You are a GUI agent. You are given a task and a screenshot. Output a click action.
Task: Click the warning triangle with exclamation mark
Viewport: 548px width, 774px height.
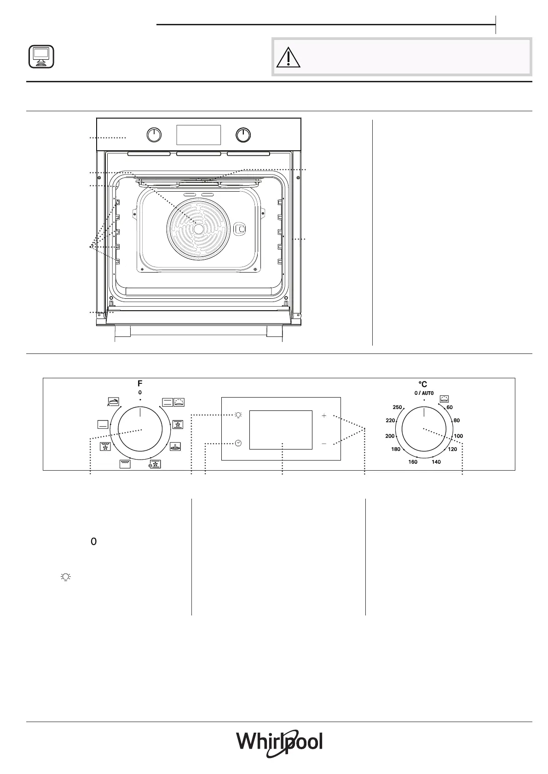click(x=288, y=57)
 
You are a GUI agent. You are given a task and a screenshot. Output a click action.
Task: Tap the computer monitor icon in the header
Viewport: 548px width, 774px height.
click(x=41, y=57)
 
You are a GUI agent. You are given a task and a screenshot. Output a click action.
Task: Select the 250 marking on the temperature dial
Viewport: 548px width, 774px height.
click(x=397, y=407)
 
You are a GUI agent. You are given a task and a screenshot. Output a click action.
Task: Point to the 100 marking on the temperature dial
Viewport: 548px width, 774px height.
click(x=458, y=436)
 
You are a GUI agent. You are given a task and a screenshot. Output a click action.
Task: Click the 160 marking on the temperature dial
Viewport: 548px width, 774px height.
click(x=413, y=462)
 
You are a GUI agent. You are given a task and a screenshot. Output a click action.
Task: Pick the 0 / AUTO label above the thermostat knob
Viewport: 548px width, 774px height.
click(x=424, y=393)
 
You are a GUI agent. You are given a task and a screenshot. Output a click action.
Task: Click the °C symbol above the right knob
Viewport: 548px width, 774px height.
click(x=423, y=384)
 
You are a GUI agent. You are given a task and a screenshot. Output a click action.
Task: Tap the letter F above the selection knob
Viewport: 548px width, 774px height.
click(x=140, y=383)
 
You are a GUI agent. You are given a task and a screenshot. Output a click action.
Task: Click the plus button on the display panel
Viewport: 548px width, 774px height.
click(x=324, y=415)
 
